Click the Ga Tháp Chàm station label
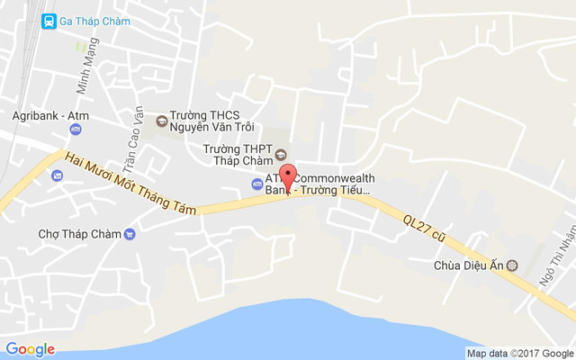coord(94,21)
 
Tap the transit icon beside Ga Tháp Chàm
coord(48,21)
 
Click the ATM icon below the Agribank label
coord(76,130)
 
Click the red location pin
coord(288,175)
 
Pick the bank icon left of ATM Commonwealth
coord(256,184)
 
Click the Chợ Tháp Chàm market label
coord(79,234)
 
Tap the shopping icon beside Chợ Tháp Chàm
coord(130,234)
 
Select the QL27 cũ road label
coord(425,224)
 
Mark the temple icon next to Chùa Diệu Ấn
coord(513,265)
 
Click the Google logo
coord(30,349)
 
